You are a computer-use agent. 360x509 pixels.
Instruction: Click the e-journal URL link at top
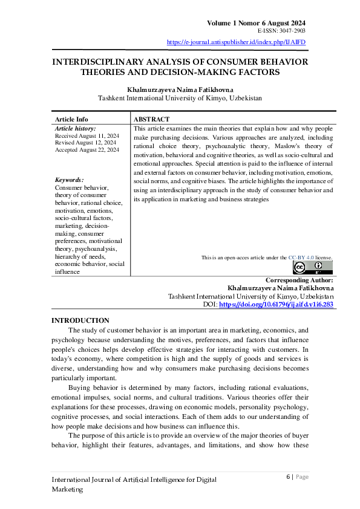(236, 42)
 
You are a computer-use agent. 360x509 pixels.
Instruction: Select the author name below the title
(180, 89)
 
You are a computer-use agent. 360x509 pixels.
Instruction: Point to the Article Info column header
(71, 119)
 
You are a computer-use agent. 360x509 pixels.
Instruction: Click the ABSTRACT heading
(151, 119)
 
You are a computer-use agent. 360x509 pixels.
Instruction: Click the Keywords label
(70, 180)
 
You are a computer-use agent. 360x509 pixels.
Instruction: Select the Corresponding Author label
(299, 280)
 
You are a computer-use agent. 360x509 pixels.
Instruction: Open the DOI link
(275, 305)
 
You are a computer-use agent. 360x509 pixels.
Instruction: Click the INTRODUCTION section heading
(80, 320)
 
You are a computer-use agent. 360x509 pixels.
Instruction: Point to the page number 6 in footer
(287, 476)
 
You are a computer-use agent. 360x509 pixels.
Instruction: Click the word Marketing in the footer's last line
(67, 489)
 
